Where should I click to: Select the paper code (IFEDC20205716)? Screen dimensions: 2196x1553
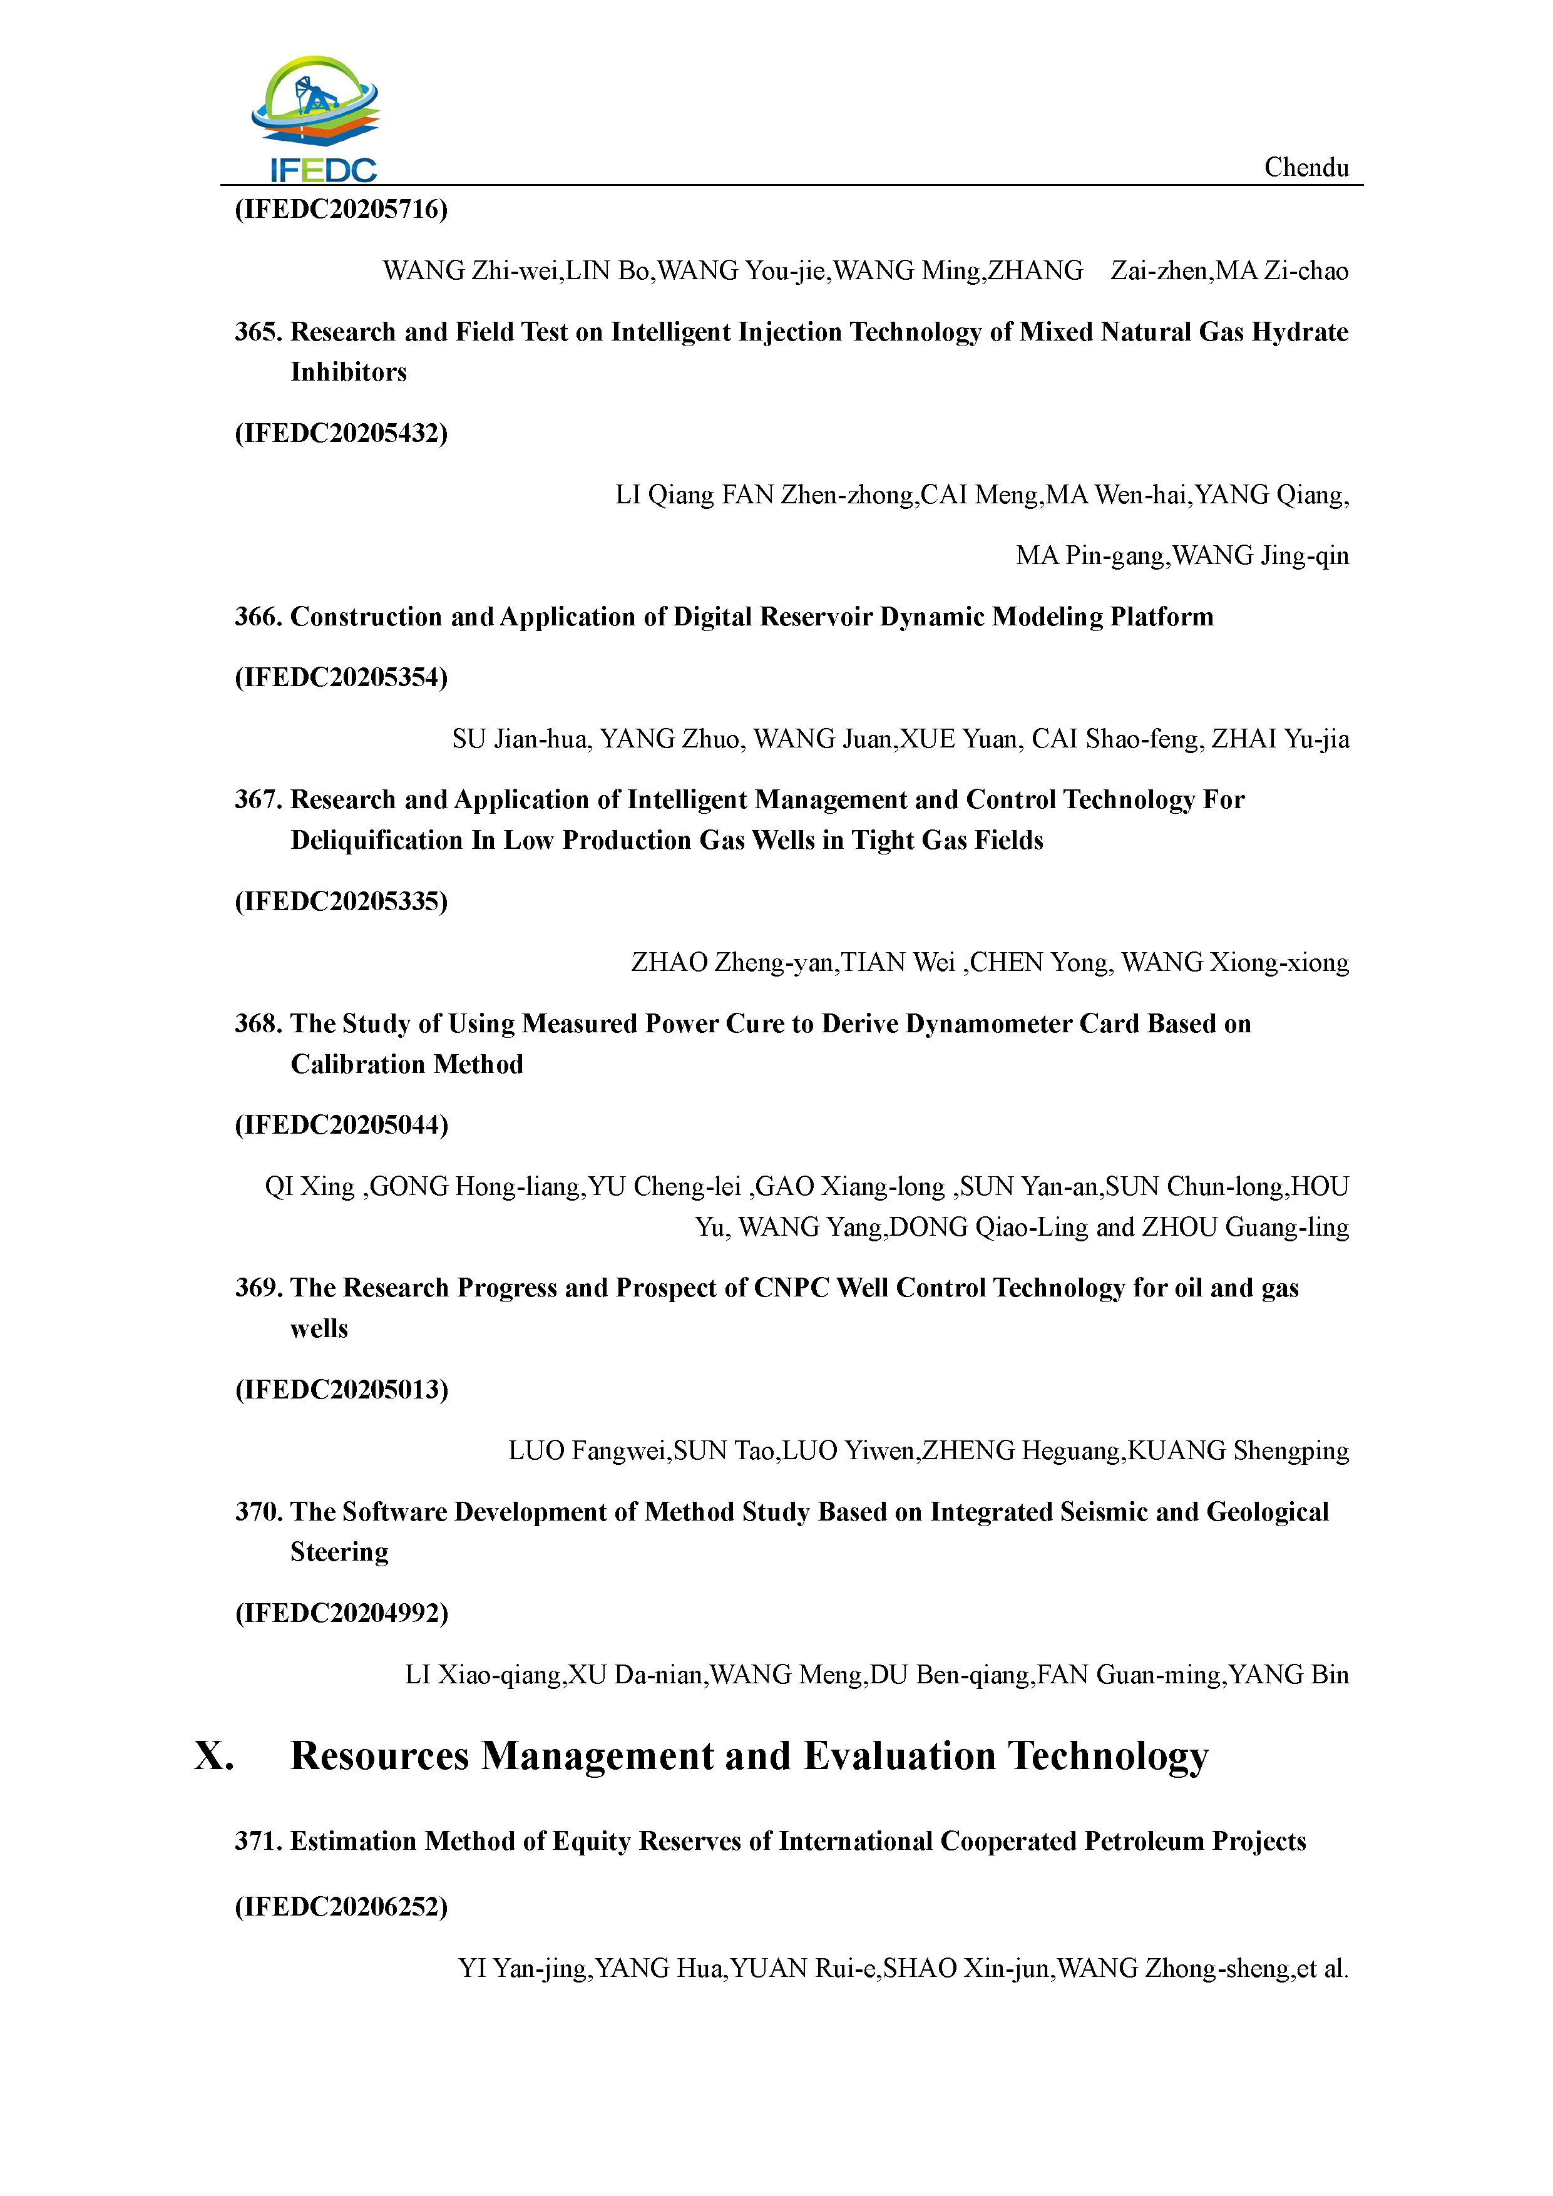[341, 210]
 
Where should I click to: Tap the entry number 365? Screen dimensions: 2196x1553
[258, 332]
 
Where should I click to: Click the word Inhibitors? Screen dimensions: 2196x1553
[349, 372]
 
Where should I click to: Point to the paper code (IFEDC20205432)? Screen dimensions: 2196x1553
[341, 433]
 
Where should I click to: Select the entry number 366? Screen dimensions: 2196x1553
[258, 617]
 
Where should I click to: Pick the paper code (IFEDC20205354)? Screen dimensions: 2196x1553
[341, 678]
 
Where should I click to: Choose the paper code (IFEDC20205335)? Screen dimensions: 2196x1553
[341, 902]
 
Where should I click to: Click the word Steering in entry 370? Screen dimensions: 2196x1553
[339, 1552]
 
